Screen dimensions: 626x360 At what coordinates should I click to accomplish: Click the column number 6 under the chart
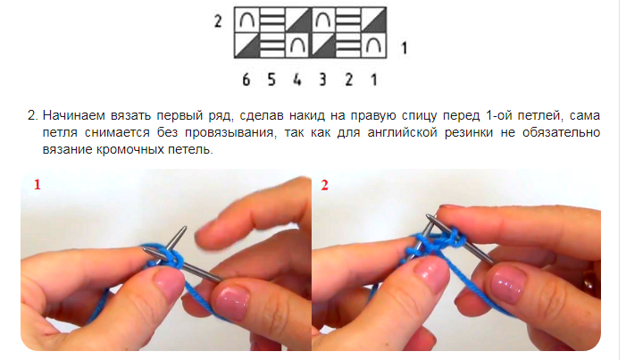[246, 80]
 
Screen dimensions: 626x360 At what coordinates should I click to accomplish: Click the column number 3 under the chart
[322, 80]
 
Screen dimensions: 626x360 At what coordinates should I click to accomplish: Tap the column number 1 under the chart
[373, 80]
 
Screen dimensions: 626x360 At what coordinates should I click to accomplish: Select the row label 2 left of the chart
[218, 21]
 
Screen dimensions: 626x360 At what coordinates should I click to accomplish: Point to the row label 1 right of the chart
[404, 48]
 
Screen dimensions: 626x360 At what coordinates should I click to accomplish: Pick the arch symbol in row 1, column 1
[374, 46]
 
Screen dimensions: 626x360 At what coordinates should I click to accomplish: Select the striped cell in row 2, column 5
[272, 20]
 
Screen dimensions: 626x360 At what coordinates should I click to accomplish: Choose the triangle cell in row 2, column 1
[374, 20]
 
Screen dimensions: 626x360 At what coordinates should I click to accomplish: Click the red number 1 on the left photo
[38, 185]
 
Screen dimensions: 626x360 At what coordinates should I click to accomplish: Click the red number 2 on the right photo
[324, 185]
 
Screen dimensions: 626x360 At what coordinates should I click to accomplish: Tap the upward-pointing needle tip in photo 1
[185, 228]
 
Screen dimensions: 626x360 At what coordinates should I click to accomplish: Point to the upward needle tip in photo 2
[429, 216]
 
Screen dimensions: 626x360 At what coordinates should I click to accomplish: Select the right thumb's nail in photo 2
[507, 284]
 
